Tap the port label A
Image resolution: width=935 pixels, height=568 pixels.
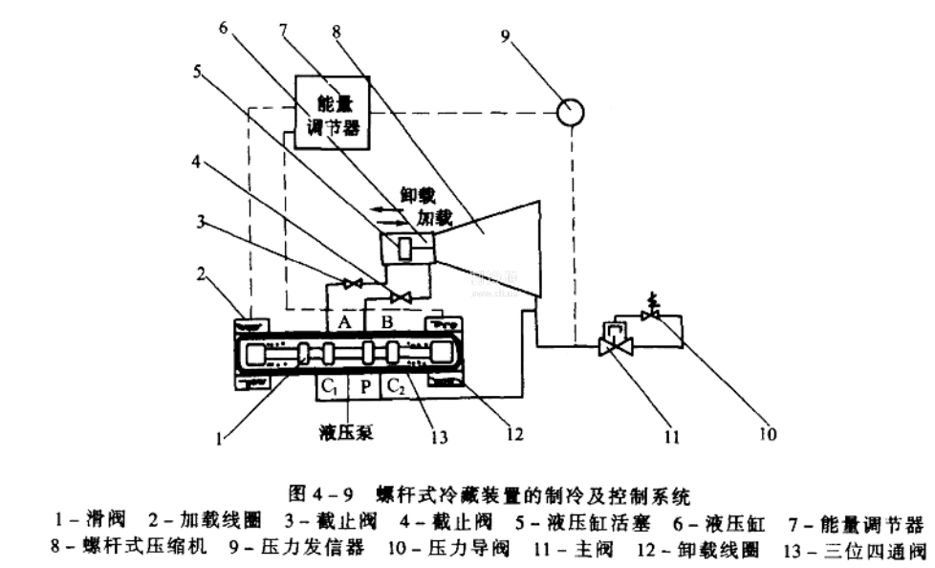[345, 321]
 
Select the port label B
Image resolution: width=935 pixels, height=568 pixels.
[386, 321]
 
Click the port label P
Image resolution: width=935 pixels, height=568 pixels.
[365, 387]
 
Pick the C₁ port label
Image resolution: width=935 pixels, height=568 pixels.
[330, 387]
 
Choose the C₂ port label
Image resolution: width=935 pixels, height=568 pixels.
[396, 387]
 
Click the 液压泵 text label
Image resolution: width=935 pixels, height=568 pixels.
[345, 432]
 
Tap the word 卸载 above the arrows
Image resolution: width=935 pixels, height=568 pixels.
[417, 195]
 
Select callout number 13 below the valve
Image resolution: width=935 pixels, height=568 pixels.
[439, 437]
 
